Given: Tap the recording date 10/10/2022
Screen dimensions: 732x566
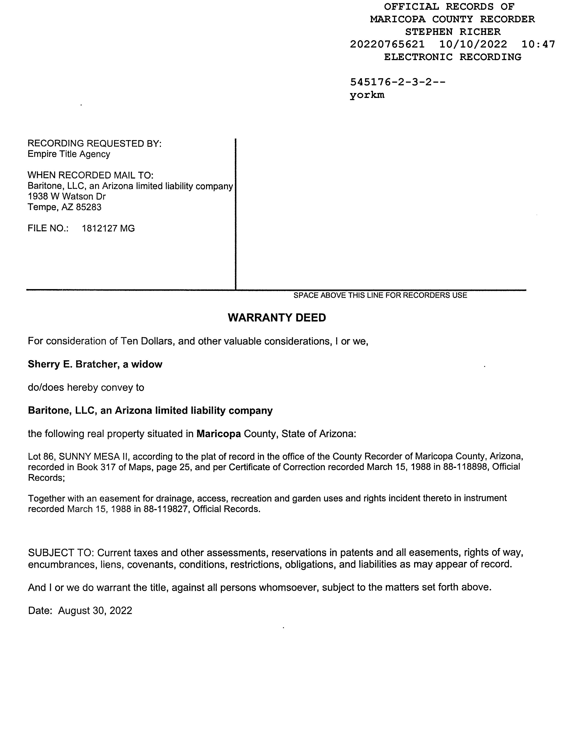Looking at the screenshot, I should [x=473, y=44].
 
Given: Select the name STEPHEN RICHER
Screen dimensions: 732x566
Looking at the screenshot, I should [x=453, y=32].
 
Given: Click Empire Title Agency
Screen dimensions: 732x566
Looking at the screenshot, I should [x=69, y=154].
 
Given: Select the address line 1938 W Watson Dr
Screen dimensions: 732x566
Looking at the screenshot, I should [x=67, y=196].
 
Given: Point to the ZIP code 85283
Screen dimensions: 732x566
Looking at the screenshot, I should [x=88, y=207].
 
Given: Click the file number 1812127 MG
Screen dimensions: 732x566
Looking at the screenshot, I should [x=108, y=229].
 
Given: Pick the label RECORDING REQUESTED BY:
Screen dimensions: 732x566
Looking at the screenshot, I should [x=94, y=143].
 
